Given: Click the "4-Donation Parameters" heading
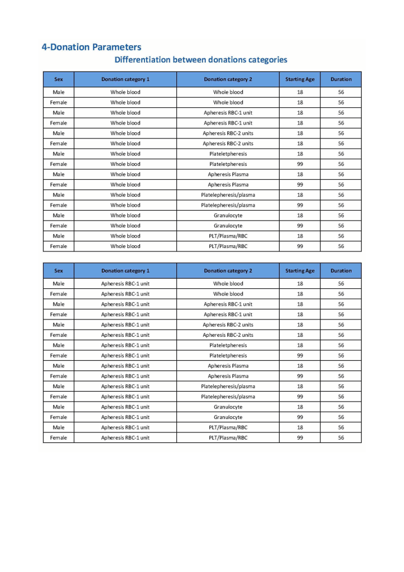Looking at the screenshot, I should point(92,47).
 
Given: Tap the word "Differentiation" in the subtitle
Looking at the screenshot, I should point(142,59).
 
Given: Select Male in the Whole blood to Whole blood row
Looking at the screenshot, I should point(59,92).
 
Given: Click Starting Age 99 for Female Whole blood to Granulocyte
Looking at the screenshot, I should point(300,226).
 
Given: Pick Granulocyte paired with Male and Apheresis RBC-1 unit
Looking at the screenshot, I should point(228,407).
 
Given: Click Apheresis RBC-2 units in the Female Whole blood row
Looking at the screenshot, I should point(228,144).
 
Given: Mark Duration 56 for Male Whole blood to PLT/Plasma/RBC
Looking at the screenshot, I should point(341,236).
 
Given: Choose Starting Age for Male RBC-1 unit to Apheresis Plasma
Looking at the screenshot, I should point(300,366).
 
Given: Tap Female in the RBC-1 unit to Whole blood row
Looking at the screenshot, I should point(59,294).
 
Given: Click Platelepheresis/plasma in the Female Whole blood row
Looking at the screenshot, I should point(228,205).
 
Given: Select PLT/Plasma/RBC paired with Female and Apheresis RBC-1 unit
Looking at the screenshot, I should point(228,438).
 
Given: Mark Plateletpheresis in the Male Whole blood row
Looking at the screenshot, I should point(228,154).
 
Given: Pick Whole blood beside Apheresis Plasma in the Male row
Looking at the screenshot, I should point(126,174).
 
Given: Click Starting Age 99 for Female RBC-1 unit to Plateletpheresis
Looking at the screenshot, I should point(300,355).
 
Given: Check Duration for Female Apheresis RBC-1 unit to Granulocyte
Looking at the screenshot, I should point(341,417).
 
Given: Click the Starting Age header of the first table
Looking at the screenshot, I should point(300,79).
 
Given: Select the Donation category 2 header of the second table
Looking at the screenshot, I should point(228,271).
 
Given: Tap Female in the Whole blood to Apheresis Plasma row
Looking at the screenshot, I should point(59,184).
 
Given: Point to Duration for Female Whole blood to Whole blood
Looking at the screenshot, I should point(341,103).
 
